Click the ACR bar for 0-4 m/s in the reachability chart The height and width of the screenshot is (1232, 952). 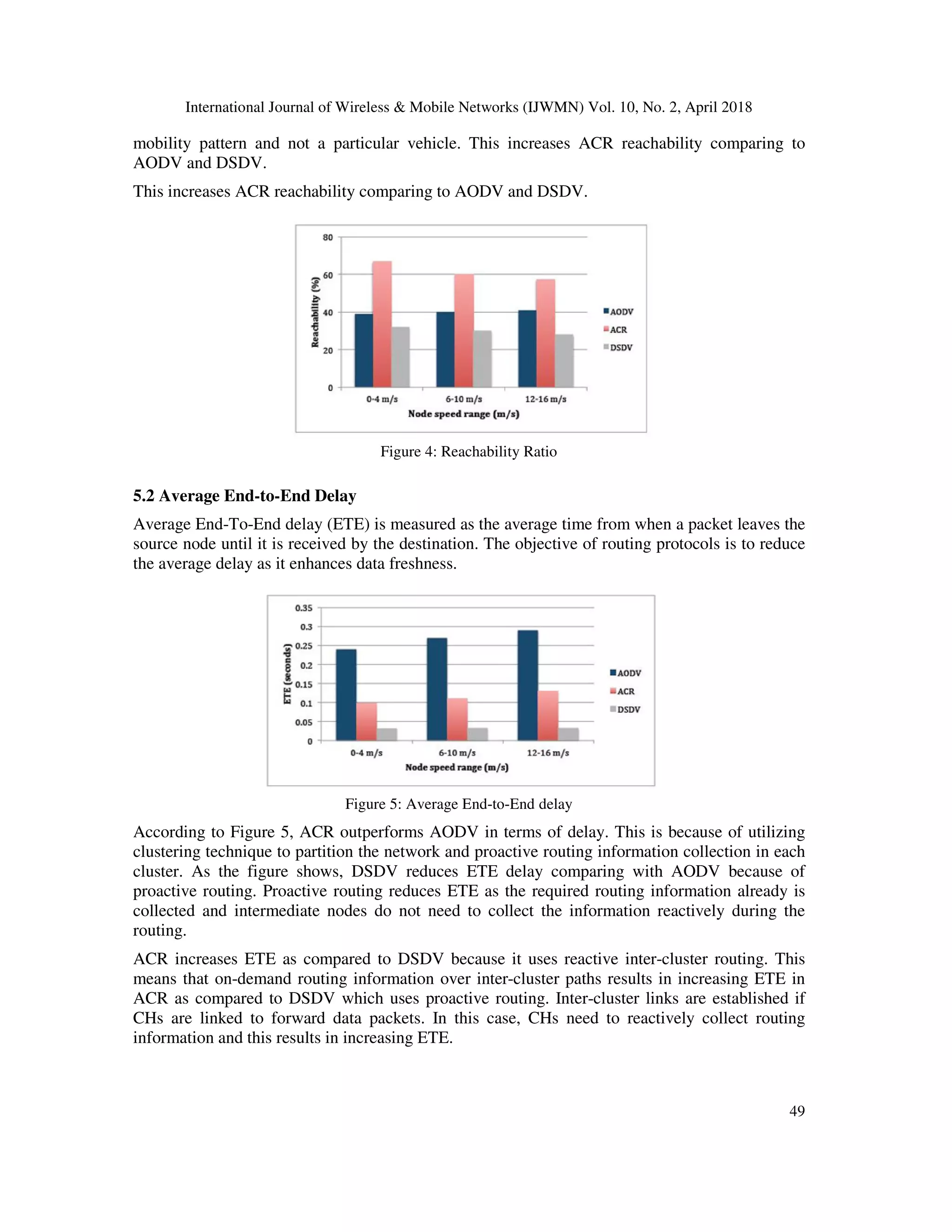pos(382,325)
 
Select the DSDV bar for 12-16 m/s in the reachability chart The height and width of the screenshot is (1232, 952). pos(564,361)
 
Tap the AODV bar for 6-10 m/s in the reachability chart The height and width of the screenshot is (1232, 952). pos(445,350)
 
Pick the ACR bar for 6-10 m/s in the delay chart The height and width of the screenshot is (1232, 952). pos(457,719)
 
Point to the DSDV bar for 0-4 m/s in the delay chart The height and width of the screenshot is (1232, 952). pos(387,735)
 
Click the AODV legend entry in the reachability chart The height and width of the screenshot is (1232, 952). pos(619,312)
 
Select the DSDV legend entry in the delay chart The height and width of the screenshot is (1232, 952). pos(626,709)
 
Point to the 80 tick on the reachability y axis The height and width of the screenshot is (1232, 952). pos(328,238)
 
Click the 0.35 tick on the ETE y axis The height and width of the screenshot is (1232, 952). pos(304,608)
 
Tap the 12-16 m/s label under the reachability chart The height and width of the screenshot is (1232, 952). pos(545,399)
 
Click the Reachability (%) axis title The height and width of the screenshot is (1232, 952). pos(315,312)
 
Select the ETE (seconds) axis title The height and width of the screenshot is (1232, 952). pos(288,674)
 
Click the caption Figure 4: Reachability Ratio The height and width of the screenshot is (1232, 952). pos(468,452)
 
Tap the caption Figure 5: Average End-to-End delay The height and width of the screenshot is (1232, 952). pos(458,804)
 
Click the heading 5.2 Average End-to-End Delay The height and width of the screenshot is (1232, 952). pos(244,496)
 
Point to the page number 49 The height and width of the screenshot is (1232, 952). pos(796,1111)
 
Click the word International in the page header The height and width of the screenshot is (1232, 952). pos(224,108)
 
